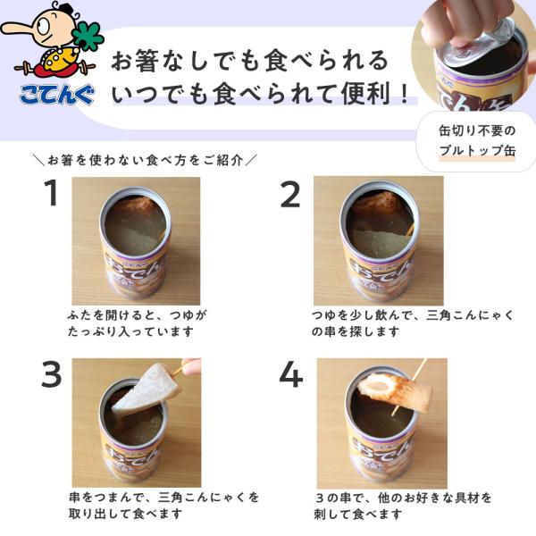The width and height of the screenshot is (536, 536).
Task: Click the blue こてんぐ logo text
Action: click(57, 94)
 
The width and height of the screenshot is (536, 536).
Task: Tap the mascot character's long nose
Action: click(20, 29)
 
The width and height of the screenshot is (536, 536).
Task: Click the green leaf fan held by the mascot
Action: click(88, 37)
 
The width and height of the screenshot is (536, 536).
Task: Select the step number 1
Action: click(52, 193)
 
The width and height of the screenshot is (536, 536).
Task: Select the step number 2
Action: click(290, 194)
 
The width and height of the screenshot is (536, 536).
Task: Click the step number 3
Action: click(52, 374)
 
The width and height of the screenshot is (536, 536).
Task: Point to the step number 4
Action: click(291, 374)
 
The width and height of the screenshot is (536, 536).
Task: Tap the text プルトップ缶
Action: click(477, 150)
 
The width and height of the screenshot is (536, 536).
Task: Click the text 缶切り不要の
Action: click(477, 130)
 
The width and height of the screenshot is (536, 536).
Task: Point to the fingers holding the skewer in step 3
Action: click(191, 365)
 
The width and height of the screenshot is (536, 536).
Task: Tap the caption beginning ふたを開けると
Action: click(137, 323)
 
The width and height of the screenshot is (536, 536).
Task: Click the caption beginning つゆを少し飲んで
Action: click(413, 323)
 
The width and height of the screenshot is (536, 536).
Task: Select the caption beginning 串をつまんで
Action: click(163, 506)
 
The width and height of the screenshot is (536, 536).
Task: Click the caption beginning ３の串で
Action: click(403, 506)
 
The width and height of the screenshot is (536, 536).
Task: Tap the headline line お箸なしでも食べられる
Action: click(250, 61)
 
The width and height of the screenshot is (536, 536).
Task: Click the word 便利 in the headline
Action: click(366, 93)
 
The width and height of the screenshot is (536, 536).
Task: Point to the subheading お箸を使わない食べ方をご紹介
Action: click(146, 160)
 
